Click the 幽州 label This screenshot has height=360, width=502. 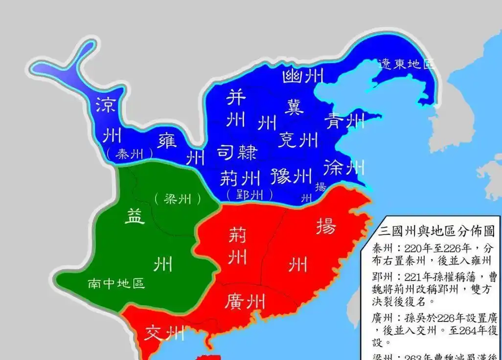pos(303,76)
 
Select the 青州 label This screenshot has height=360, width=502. pos(345,120)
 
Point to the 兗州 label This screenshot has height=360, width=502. pos(298,140)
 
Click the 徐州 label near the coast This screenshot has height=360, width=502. pos(344,168)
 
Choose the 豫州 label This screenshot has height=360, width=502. pos(291,176)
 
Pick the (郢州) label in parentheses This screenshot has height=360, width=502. pos(250,195)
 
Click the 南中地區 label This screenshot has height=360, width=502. pos(116,283)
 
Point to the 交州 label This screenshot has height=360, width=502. pos(164,334)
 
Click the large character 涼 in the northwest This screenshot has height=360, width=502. pos(105,105)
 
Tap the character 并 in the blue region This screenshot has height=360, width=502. pos(235,98)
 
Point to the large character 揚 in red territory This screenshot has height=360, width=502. pos(326,226)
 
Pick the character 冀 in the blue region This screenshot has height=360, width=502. pos(295,106)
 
